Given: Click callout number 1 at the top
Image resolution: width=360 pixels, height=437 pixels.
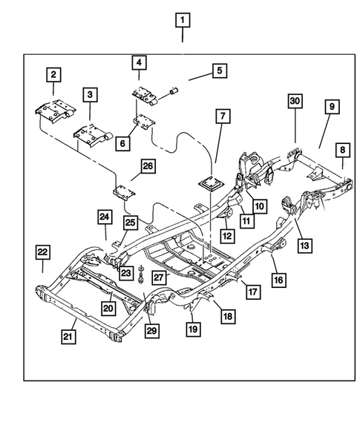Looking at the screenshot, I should point(183,20).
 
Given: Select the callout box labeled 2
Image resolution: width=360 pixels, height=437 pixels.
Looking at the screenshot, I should point(53,74).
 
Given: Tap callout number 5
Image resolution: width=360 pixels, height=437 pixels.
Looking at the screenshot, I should point(89,95).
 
